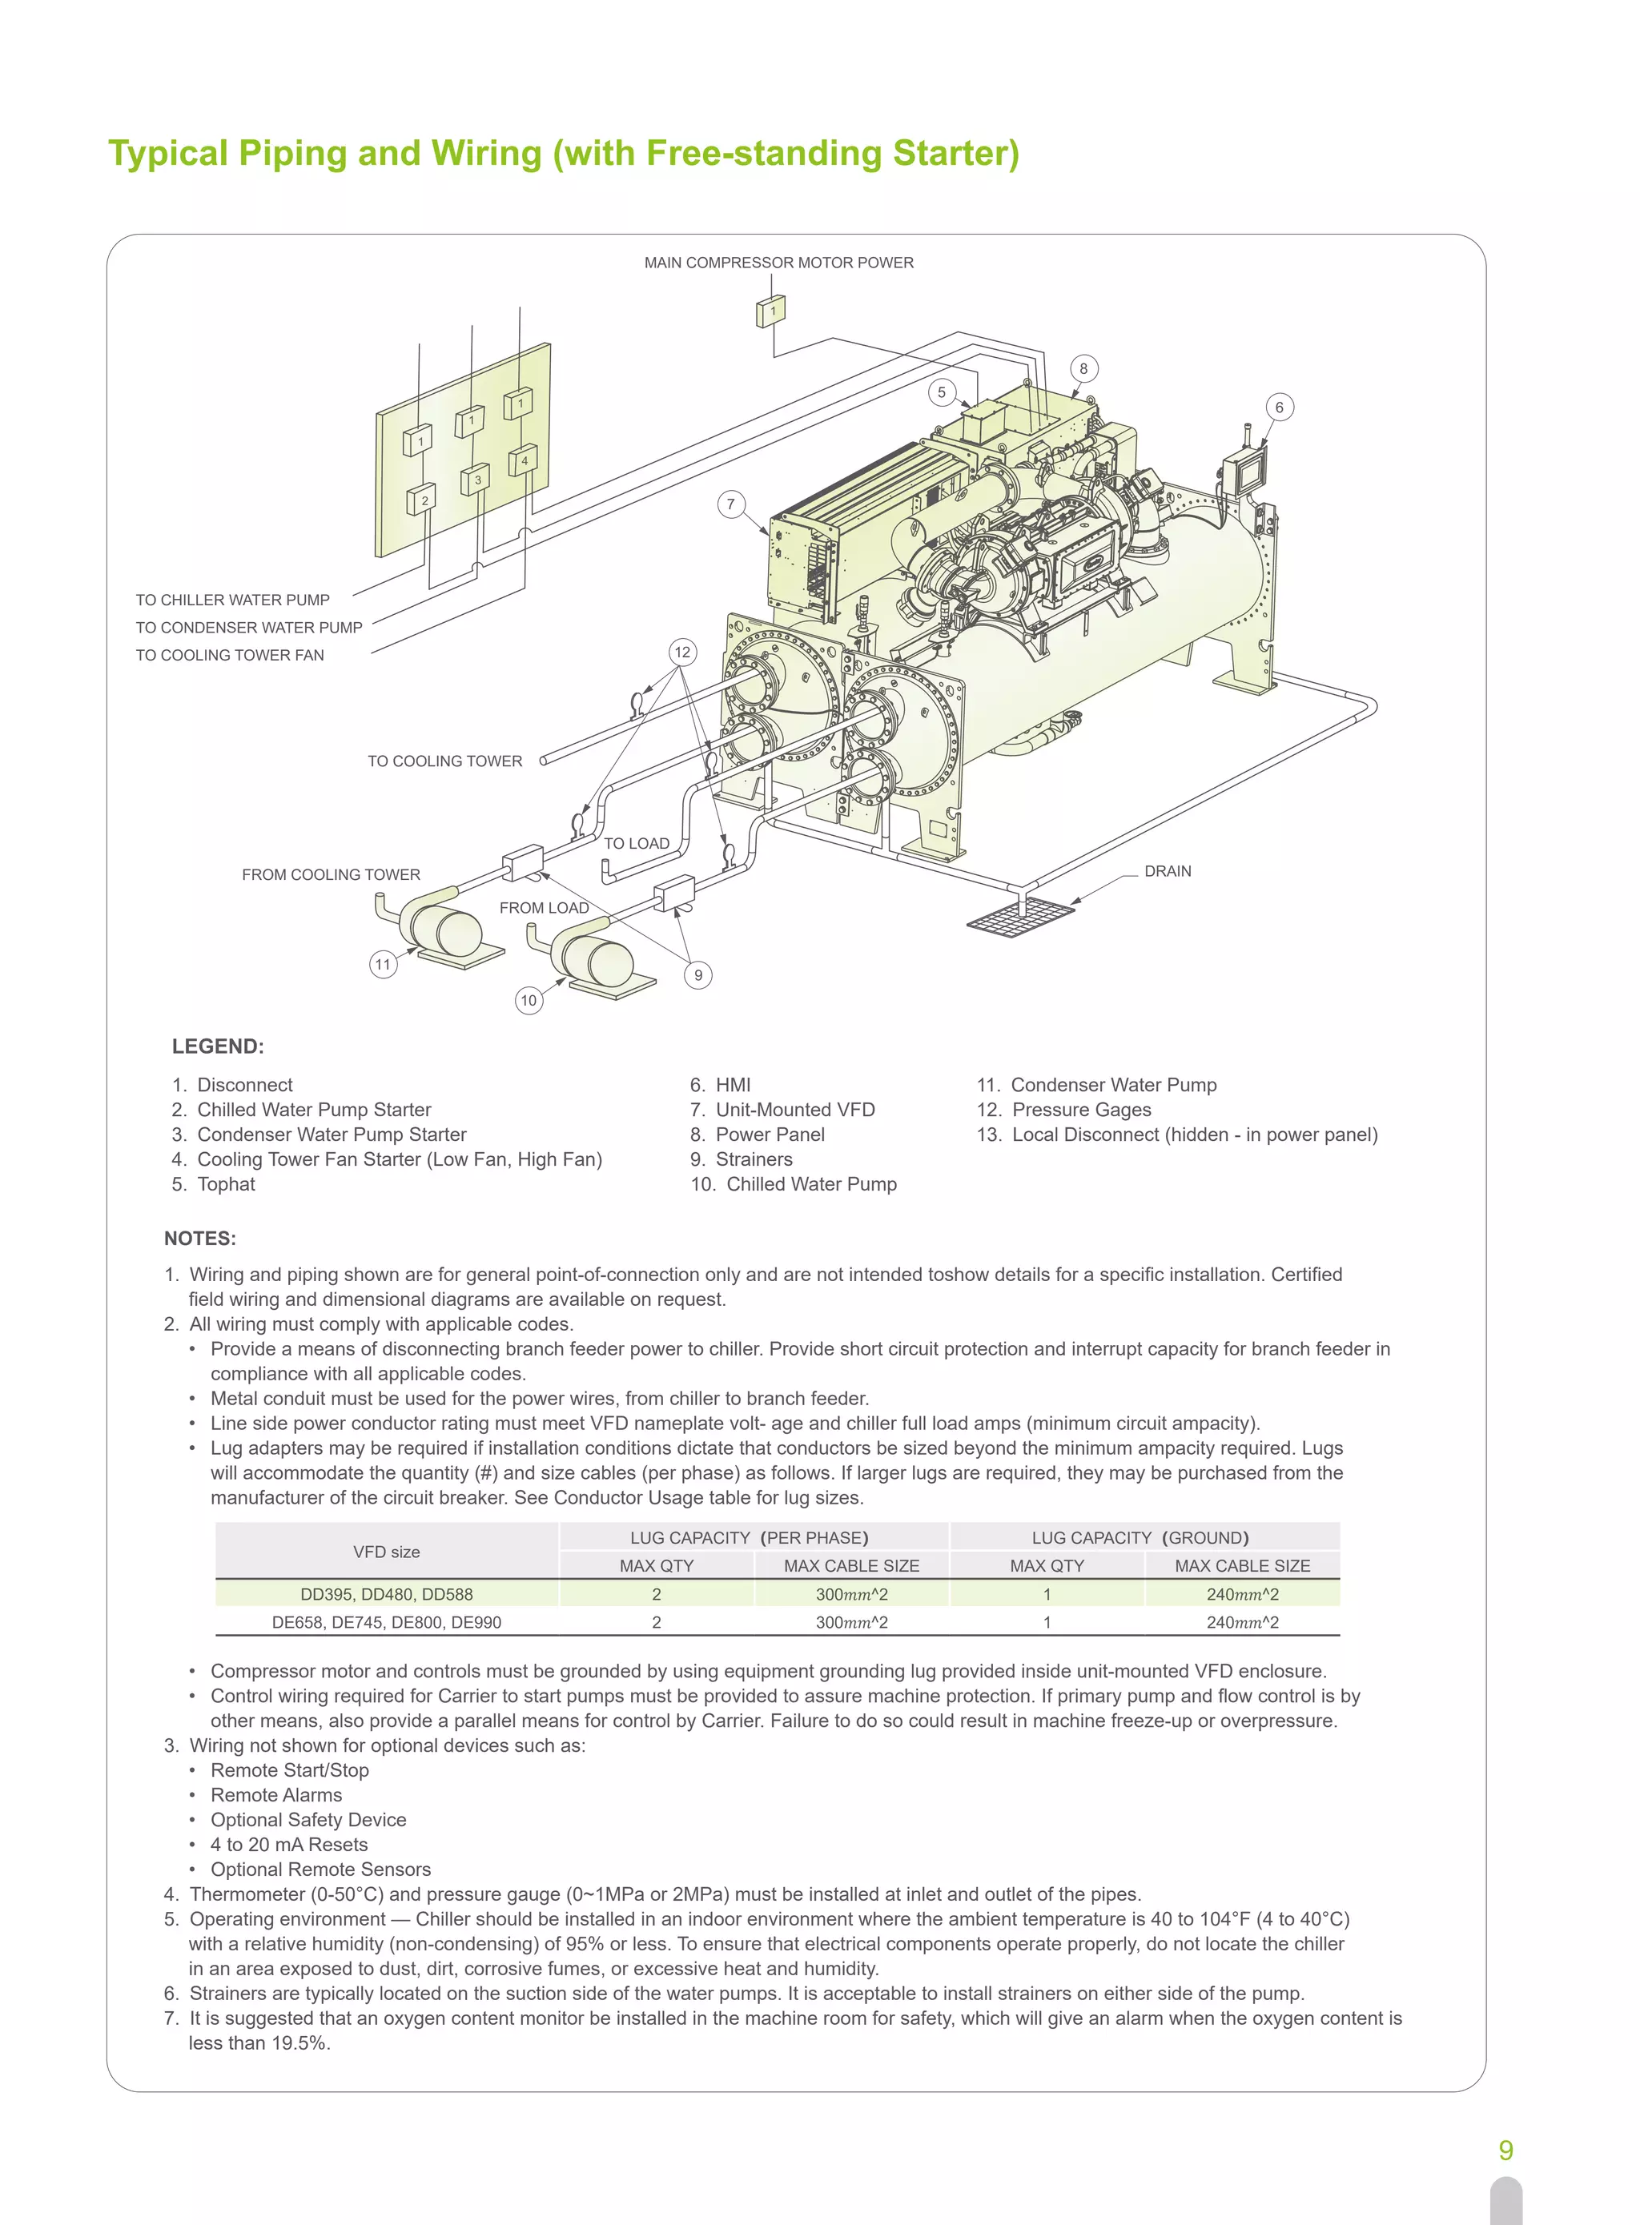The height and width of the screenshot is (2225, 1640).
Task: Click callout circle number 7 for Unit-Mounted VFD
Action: pyautogui.click(x=730, y=504)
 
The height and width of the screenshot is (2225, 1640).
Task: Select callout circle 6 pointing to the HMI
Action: pyautogui.click(x=1279, y=407)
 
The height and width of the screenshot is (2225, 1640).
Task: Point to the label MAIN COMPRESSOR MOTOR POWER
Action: pyautogui.click(x=778, y=263)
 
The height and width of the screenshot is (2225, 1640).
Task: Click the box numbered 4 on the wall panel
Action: pyautogui.click(x=523, y=460)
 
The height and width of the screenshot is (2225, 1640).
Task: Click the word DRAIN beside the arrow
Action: pyautogui.click(x=1168, y=871)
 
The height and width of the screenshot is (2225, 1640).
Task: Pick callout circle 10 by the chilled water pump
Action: pyautogui.click(x=529, y=1000)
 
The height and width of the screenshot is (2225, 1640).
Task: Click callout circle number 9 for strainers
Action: pyautogui.click(x=698, y=974)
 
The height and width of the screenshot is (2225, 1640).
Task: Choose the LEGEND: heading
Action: pyautogui.click(x=217, y=1046)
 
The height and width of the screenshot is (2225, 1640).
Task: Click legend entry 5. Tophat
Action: pyautogui.click(x=214, y=1184)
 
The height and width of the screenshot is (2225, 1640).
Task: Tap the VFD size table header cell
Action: pyautogui.click(x=386, y=1551)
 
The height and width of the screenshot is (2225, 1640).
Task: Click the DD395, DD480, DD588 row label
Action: pyautogui.click(x=386, y=1594)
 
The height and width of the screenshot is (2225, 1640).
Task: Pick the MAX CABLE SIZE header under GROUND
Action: pyautogui.click(x=1242, y=1565)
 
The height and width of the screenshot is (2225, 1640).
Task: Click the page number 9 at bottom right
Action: pyautogui.click(x=1505, y=2150)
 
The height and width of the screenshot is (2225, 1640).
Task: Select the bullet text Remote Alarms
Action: pyautogui.click(x=276, y=1794)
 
